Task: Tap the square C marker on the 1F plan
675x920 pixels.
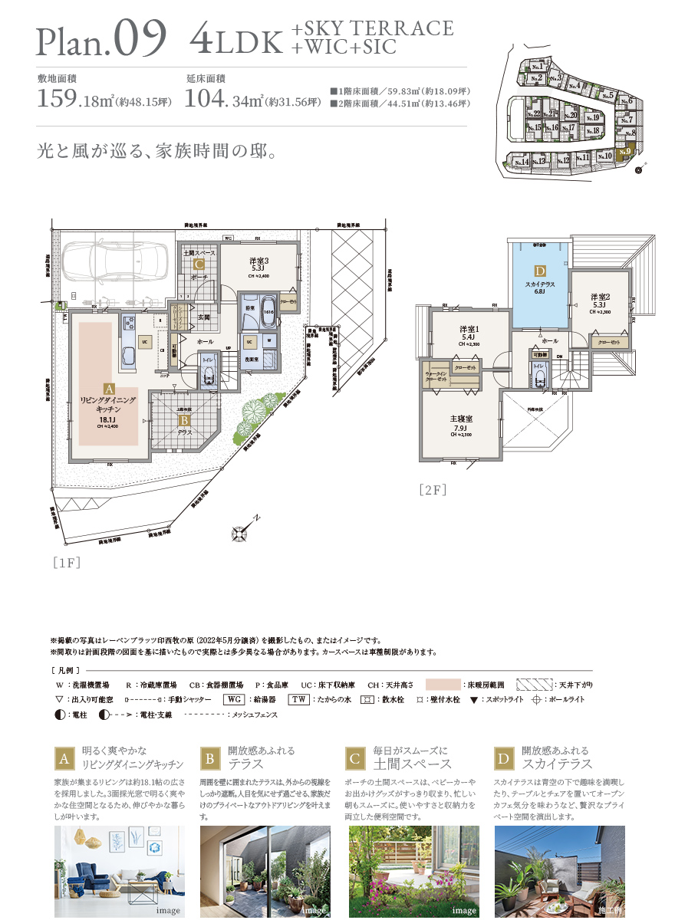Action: [199, 265]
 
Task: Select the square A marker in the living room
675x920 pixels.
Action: [108, 389]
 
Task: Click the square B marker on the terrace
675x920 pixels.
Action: [184, 419]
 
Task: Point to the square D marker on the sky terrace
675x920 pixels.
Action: [540, 271]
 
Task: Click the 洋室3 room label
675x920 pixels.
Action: [258, 261]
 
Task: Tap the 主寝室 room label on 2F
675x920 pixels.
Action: [461, 419]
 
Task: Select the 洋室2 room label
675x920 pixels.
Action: [600, 296]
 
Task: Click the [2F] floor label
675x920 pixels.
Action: [433, 488]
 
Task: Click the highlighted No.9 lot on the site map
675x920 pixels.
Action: [627, 152]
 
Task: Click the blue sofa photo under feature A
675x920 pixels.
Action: [119, 870]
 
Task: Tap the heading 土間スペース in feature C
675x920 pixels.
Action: [411, 764]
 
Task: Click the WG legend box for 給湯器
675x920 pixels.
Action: [235, 700]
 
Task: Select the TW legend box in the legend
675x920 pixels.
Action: [298, 700]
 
